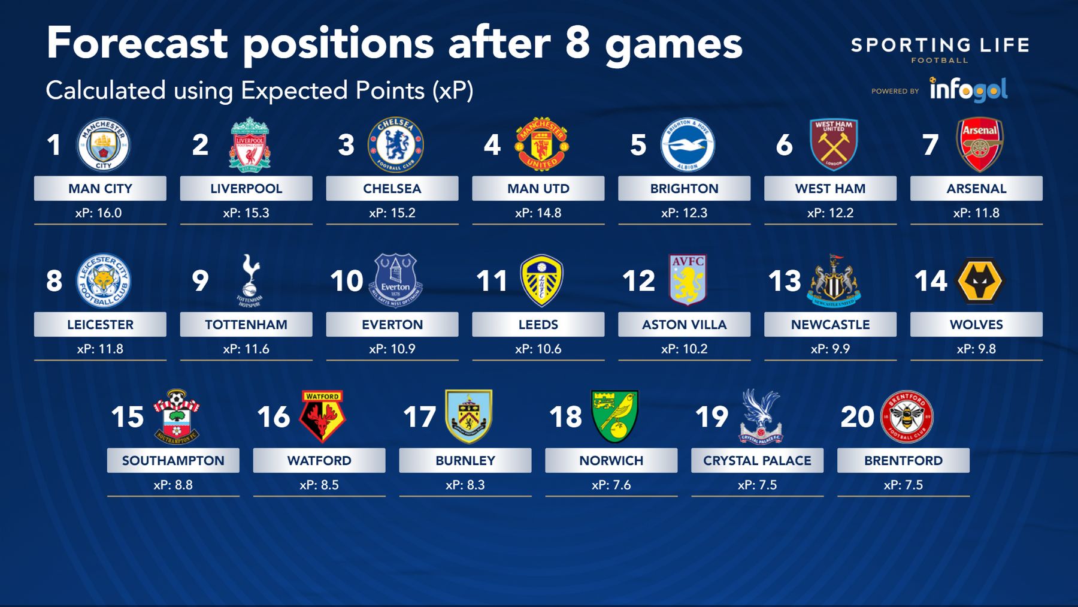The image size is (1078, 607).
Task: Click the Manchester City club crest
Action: coord(103,144)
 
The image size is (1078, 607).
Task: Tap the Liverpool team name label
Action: coord(246,188)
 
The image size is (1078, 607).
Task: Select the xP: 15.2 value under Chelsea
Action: coord(392,213)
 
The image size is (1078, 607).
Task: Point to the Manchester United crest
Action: coord(542,144)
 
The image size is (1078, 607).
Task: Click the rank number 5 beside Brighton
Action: coord(638,145)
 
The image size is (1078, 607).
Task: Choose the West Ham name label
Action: coord(830,188)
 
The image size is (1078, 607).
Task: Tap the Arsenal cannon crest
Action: coord(980,144)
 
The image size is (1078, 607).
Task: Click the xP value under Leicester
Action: coord(100,349)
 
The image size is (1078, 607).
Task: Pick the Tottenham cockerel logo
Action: coord(249,280)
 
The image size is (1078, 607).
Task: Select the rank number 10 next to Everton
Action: coord(347,281)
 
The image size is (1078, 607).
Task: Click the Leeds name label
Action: coord(538,324)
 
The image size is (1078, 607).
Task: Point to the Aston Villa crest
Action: coord(688,280)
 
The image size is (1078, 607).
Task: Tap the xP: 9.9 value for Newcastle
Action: coord(830,349)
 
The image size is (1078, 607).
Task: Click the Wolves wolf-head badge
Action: coord(980,280)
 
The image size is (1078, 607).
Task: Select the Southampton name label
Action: coord(173,460)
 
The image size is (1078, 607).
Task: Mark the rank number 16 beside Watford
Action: coord(274,417)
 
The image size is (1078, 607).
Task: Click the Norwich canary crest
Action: coord(615,416)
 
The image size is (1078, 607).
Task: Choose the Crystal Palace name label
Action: coord(757,460)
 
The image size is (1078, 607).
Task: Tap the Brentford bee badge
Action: coord(907,416)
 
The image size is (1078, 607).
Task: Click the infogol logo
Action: coord(968,90)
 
